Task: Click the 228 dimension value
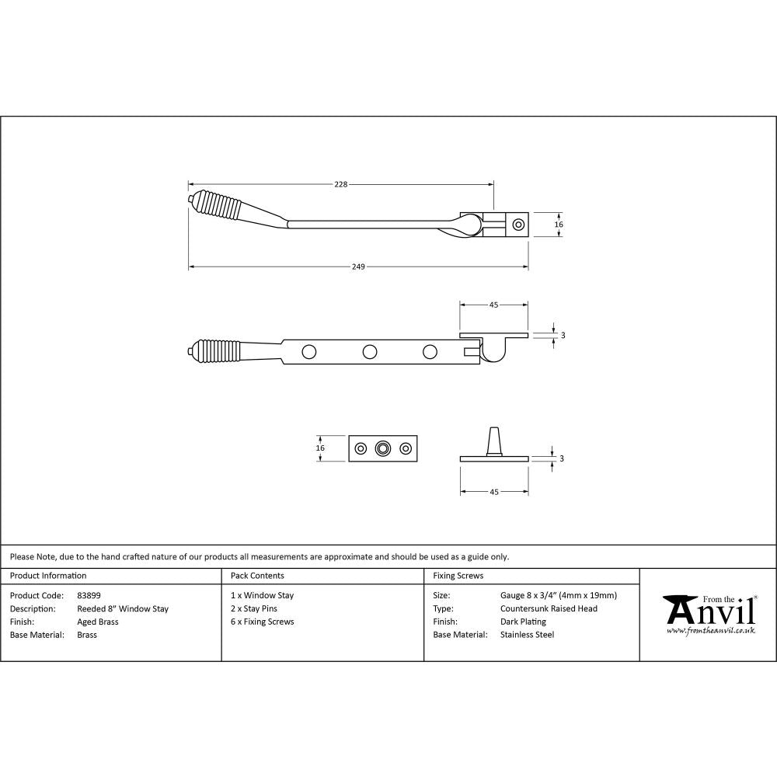tap(340, 184)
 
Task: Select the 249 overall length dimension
tap(358, 267)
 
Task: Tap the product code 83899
tap(89, 596)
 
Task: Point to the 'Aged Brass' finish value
tap(98, 622)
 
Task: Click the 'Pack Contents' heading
tap(257, 576)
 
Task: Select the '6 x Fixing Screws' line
tap(263, 622)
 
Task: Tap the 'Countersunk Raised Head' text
tap(549, 608)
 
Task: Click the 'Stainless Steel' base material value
tap(527, 635)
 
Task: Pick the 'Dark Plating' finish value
tap(523, 622)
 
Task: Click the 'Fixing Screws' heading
tap(458, 576)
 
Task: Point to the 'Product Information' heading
tap(48, 576)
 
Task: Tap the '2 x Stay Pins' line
tap(254, 608)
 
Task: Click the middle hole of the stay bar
tap(369, 351)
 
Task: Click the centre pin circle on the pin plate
tap(382, 448)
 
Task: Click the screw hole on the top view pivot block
tap(518, 225)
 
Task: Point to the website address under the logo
tap(710, 630)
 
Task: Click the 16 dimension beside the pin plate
tap(320, 448)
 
